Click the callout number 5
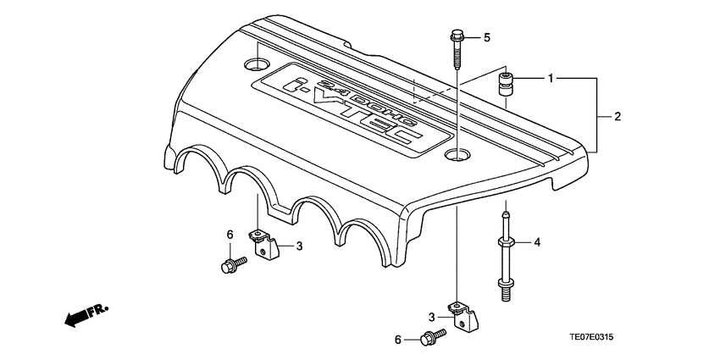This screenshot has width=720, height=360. coord(487,37)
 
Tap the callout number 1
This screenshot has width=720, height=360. coord(551,79)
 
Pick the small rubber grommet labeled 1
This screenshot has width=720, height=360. coord(507,86)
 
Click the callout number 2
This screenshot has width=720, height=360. coord(618,116)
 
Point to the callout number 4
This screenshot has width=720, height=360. coord(537,243)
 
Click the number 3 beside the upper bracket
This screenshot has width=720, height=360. coord(299,246)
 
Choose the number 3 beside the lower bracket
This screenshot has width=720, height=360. coord(431,316)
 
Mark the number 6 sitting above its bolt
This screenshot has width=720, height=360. coord(230,235)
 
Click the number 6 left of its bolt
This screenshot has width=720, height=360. coord(397,340)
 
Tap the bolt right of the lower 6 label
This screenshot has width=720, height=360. coord(430,340)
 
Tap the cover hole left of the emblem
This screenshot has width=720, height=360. coord(255,64)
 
